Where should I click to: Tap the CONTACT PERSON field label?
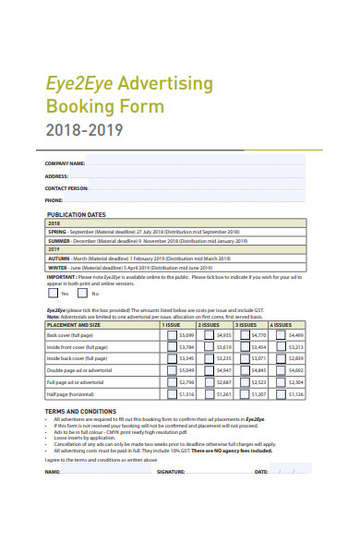(67, 187)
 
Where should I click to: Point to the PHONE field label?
(54, 199)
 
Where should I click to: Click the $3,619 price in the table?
(222, 346)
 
